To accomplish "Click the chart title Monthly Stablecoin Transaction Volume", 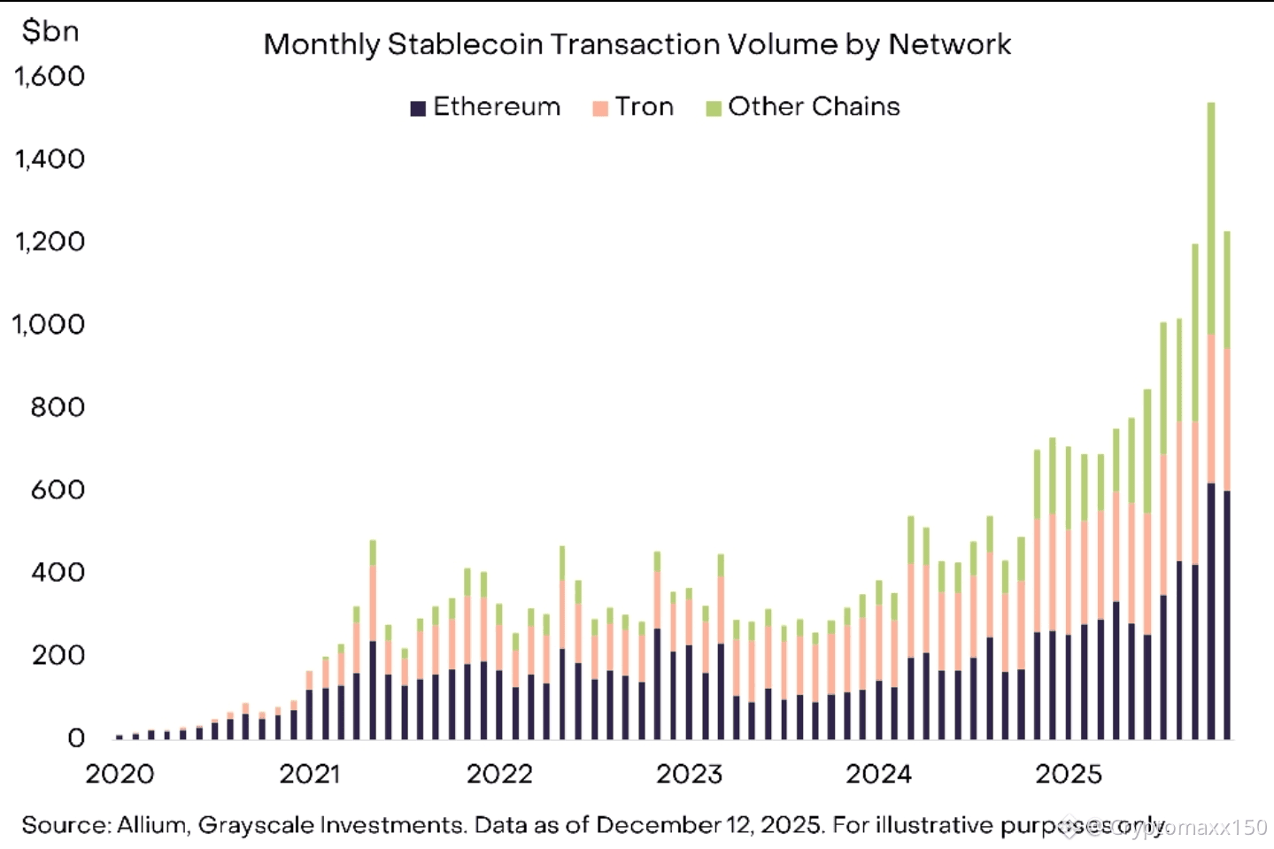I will pyautogui.click(x=637, y=44).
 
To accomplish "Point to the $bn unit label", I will pyautogui.click(x=50, y=31).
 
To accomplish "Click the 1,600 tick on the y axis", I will pyautogui.click(x=50, y=76).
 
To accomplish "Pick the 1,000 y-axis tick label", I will pyautogui.click(x=49, y=324).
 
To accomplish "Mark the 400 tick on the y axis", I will pyautogui.click(x=58, y=572).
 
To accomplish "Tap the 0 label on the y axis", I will pyautogui.click(x=76, y=737).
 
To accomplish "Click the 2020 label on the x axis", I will pyautogui.click(x=120, y=774).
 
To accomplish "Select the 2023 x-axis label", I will pyautogui.click(x=689, y=774).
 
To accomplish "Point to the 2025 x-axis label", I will pyautogui.click(x=1069, y=774).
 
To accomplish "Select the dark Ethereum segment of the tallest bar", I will pyautogui.click(x=1211, y=611).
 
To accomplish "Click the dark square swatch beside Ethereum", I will pyautogui.click(x=418, y=109).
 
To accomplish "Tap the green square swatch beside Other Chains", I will pyautogui.click(x=714, y=109).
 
